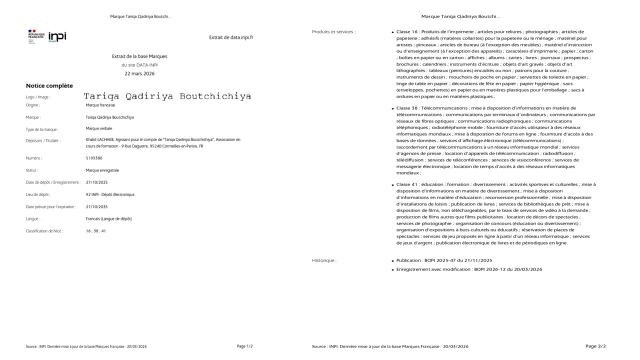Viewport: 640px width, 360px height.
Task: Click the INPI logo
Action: point(57,36)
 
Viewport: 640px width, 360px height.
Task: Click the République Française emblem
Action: point(36,36)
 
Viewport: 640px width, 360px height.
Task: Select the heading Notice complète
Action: point(49,86)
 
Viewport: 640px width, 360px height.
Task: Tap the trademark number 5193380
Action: point(94,158)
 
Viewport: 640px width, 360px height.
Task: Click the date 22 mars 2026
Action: point(139,73)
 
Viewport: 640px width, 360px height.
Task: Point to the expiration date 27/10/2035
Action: point(96,206)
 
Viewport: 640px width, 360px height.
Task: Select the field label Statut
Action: point(32,170)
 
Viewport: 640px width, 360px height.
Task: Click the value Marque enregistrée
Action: point(102,170)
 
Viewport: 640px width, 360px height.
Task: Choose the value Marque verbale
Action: point(99,129)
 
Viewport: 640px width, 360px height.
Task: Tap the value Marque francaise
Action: point(100,105)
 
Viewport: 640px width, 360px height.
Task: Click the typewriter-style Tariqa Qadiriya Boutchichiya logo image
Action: point(167,96)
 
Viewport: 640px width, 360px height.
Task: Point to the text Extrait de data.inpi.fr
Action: point(231,37)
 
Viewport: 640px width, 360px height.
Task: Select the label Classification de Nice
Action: point(44,231)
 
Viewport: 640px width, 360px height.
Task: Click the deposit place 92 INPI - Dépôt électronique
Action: point(110,194)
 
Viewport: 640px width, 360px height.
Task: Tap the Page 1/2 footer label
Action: point(244,346)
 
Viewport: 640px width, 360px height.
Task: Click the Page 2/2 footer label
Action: point(595,346)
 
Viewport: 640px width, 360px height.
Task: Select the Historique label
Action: point(324,260)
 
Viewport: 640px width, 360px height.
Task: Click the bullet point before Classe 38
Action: point(392,108)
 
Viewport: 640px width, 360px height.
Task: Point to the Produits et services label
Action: point(333,32)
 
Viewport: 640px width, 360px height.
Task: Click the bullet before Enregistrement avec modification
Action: point(392,270)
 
